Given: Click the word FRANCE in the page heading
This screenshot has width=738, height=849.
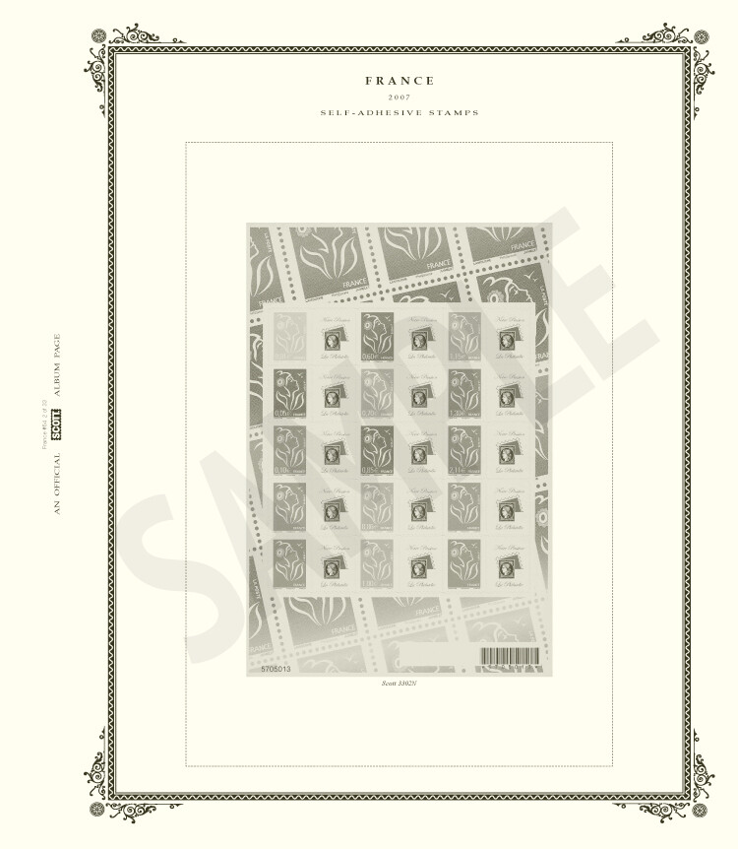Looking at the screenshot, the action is [400, 81].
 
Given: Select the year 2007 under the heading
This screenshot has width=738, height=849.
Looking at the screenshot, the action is [400, 97].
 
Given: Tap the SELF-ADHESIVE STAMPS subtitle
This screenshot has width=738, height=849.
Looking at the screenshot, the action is [400, 113].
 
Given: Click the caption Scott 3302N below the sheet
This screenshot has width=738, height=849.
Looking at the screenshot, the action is [400, 683].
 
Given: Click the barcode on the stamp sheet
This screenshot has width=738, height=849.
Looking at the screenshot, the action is [510, 656].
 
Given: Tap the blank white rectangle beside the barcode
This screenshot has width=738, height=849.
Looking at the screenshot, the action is [436, 656].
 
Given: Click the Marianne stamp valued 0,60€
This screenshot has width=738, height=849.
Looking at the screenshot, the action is [377, 337].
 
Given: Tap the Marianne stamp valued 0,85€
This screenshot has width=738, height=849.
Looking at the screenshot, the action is [377, 450].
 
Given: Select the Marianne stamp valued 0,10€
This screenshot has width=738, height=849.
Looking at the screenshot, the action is [290, 450].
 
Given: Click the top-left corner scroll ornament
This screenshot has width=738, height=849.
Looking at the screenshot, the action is [110, 44].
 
